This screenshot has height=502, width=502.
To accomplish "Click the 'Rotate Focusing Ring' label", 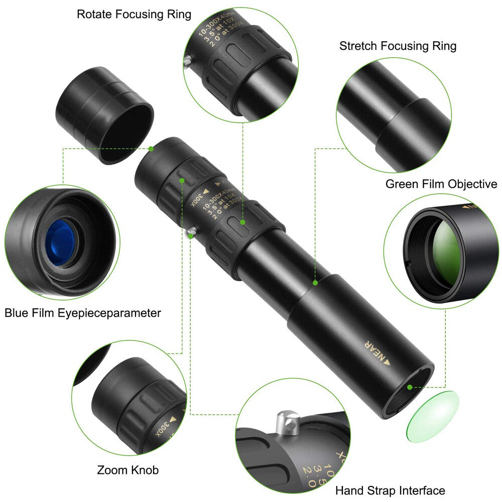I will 134,14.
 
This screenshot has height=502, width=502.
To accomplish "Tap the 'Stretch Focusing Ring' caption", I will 398,46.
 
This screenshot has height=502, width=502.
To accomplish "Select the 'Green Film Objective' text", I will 441,184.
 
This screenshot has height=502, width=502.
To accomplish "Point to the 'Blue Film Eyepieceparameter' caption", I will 83,313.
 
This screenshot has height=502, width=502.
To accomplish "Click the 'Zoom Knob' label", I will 128,470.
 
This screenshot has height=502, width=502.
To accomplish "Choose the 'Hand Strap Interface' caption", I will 390,490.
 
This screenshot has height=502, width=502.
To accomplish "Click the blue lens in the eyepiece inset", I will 59,242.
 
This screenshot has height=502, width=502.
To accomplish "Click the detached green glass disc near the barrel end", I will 433,416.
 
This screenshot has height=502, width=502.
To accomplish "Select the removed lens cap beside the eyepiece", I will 104,115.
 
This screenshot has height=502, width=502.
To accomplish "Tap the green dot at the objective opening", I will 410,387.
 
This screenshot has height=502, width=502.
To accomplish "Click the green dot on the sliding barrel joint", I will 315,283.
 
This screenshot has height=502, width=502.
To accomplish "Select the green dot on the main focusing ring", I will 242,221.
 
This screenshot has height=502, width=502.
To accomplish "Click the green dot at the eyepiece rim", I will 151,149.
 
